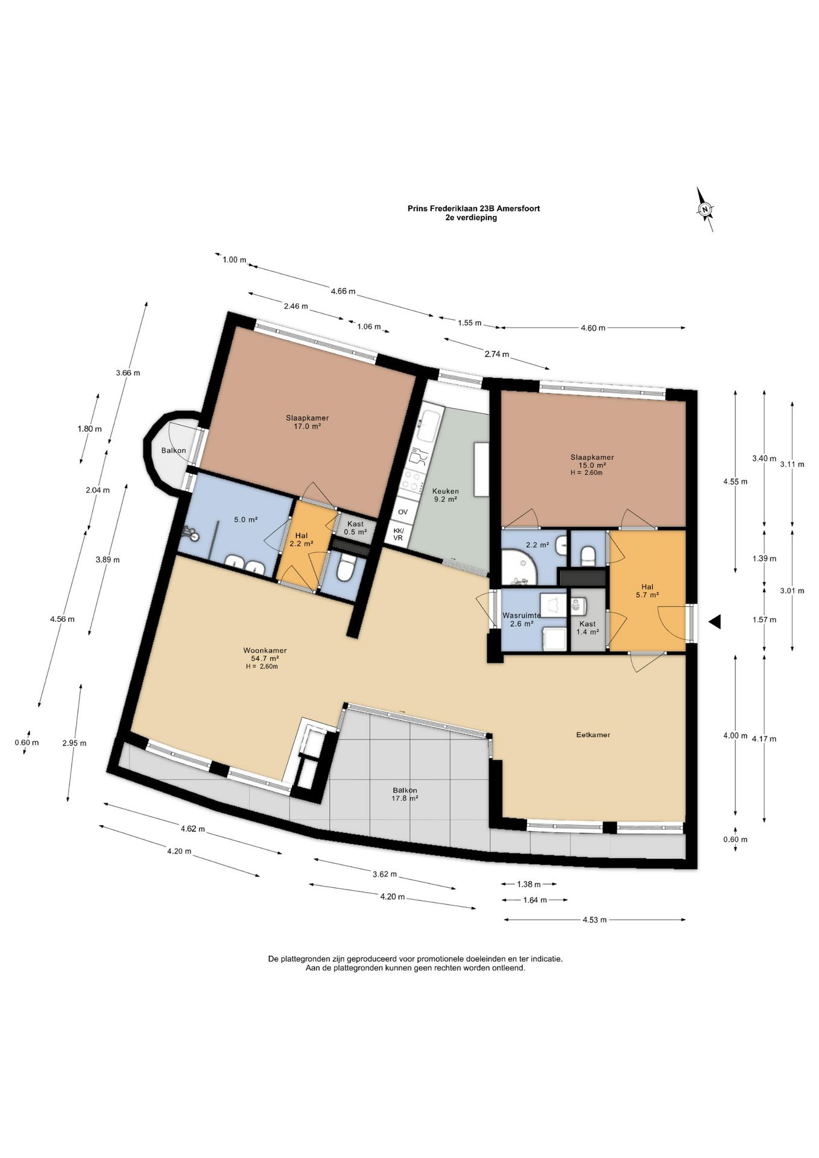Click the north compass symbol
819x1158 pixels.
(704, 209)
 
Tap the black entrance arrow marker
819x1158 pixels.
(715, 622)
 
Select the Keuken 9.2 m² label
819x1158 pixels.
(445, 495)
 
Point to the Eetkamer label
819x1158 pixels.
(593, 735)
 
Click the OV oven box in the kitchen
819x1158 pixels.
(402, 512)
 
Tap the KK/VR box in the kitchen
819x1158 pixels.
(398, 534)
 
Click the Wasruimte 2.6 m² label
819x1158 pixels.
(522, 619)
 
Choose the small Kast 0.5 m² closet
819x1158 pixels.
(355, 528)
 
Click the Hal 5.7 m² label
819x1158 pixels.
(647, 590)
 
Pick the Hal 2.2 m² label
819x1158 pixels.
(301, 539)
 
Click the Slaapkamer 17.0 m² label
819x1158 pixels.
(307, 422)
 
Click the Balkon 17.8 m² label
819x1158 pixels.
(405, 794)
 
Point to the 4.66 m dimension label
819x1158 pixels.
(343, 291)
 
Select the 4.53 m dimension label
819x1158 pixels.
(594, 920)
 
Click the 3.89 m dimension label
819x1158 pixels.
(107, 560)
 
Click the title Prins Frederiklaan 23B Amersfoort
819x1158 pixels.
(473, 209)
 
